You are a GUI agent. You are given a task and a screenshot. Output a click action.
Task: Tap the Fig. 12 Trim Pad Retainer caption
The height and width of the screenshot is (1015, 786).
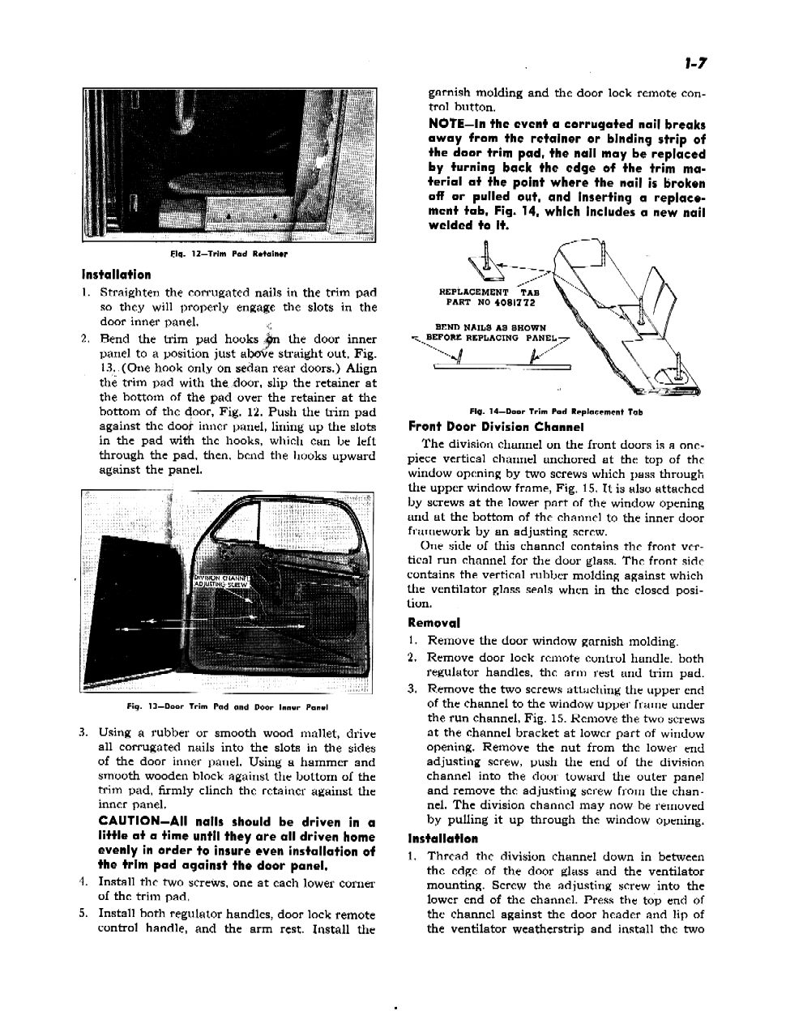tap(229, 254)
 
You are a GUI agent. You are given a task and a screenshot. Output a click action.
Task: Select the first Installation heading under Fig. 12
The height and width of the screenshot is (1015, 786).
tap(117, 275)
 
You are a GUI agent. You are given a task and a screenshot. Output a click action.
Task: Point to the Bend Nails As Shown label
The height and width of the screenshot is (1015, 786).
tap(490, 327)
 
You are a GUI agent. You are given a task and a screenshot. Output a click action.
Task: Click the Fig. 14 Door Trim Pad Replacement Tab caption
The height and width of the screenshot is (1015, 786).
tap(556, 411)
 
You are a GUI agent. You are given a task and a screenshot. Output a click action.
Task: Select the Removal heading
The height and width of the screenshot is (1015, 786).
tap(434, 623)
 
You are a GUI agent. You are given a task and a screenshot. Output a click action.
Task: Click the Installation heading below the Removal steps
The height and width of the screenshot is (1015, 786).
tap(442, 838)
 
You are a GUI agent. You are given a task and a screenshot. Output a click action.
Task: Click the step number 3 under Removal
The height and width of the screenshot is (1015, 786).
tap(412, 689)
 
